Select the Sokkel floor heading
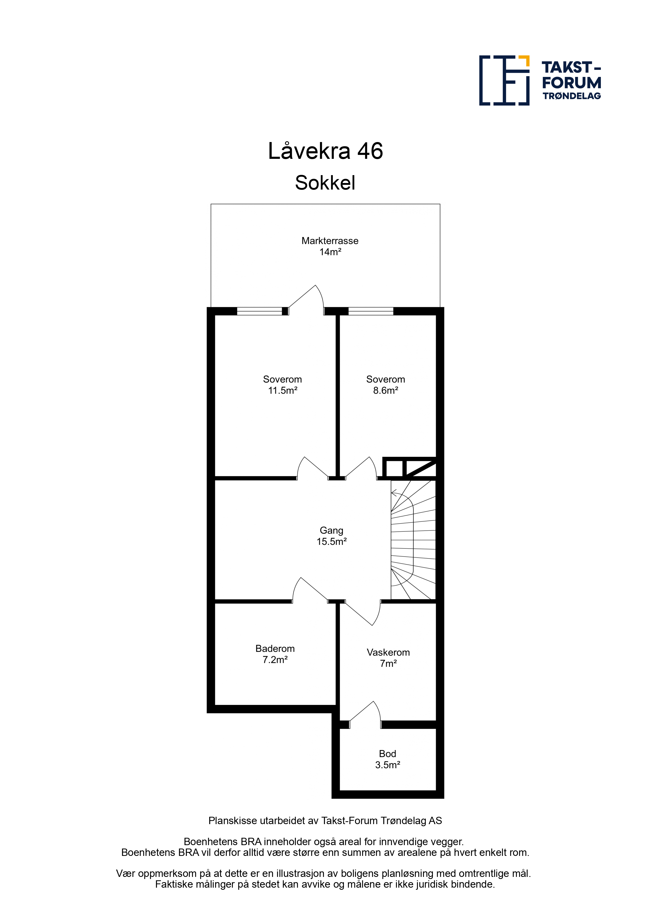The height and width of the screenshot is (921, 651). click(x=325, y=183)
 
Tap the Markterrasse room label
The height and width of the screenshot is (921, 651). click(x=330, y=241)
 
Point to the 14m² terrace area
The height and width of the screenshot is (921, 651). click(x=330, y=252)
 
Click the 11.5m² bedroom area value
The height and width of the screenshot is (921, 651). click(x=283, y=390)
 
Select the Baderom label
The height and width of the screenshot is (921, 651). click(x=275, y=649)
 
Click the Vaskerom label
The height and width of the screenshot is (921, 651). click(x=388, y=652)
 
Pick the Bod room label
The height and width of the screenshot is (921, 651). click(x=387, y=754)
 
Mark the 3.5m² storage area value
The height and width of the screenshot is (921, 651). click(x=387, y=765)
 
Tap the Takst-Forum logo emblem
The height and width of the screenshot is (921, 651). click(x=504, y=80)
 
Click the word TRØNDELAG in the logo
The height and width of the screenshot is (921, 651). click(x=572, y=96)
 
